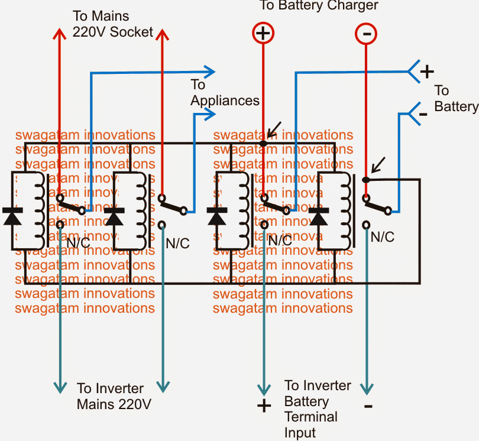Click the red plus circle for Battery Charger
264,33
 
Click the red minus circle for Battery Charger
366,34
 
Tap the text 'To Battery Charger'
319,6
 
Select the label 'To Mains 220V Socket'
113,24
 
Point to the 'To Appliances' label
224,93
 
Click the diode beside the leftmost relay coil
12,216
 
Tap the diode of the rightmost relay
319,217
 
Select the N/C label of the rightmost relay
382,238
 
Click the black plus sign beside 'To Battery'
426,72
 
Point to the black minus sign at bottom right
368,406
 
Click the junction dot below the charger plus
264,143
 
